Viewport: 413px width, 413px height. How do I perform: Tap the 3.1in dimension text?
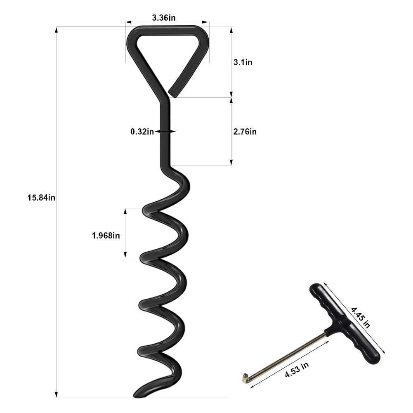[243, 62]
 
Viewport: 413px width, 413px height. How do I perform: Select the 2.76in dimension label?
[245, 132]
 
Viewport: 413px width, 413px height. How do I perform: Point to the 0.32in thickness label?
[142, 132]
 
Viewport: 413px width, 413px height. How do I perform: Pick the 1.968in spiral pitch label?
[106, 236]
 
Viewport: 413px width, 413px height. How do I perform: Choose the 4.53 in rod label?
[296, 368]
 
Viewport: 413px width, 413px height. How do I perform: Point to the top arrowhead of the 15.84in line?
[57, 30]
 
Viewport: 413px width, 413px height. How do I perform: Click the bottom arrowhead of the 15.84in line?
[57, 395]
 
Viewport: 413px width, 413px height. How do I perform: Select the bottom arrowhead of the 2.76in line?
[231, 163]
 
